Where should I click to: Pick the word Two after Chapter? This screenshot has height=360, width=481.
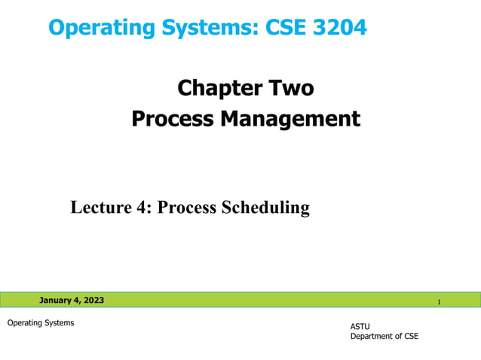pos(287,89)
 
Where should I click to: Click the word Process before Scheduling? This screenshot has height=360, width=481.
pos(189,207)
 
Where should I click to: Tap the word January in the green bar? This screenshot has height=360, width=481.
pos(57,301)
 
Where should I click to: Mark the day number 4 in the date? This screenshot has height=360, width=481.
pos(76,301)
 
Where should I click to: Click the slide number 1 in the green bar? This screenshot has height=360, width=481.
pos(439,302)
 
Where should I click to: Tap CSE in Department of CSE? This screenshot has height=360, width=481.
pos(409,336)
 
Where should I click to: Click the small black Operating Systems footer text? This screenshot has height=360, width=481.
pos(41,323)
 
